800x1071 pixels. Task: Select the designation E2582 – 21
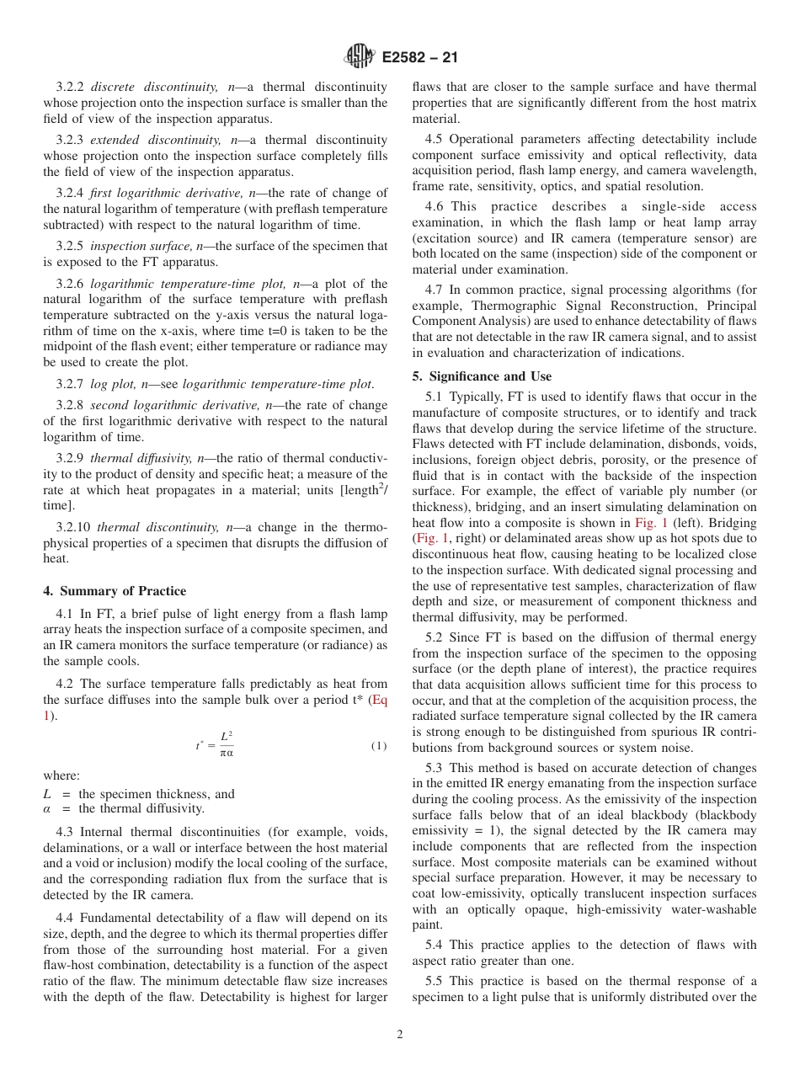tap(419, 58)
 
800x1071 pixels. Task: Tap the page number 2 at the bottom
tap(400, 1035)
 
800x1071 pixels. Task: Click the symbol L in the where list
tap(47, 794)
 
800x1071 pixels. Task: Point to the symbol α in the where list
tap(47, 808)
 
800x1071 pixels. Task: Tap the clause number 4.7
tap(435, 290)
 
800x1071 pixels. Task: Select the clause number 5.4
tap(435, 946)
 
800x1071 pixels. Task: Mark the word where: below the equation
tap(61, 775)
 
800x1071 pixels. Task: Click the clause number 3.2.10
tap(73, 527)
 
